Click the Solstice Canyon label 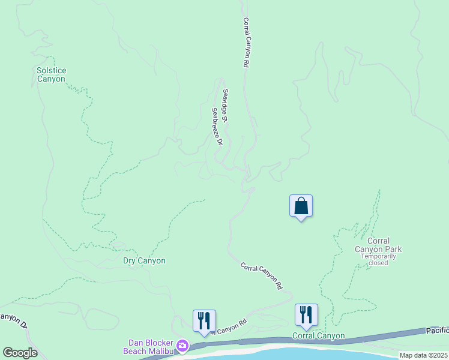[x=51, y=74]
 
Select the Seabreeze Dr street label [x=217, y=127]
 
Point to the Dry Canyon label [x=144, y=260]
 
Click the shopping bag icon [x=301, y=206]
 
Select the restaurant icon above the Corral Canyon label [x=306, y=314]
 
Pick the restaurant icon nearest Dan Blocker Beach [x=204, y=320]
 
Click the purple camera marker [x=182, y=346]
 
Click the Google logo [x=19, y=352]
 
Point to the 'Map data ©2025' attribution [x=423, y=355]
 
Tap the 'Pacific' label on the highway [x=437, y=331]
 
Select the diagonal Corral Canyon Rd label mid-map [x=261, y=276]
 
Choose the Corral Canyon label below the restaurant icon [x=318, y=335]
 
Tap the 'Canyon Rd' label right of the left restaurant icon [x=228, y=327]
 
